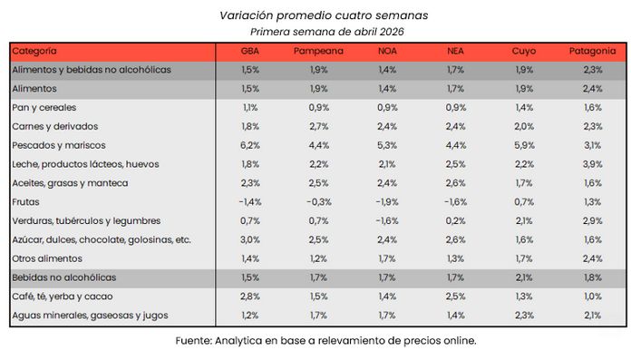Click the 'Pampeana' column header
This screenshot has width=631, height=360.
click(x=318, y=51)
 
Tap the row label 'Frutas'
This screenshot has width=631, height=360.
click(x=26, y=201)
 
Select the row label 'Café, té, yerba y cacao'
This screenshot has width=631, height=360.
click(x=64, y=296)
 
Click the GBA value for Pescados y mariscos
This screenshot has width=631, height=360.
click(x=250, y=145)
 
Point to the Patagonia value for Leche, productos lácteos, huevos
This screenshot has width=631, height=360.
click(x=594, y=164)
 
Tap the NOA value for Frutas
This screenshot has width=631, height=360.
click(x=386, y=201)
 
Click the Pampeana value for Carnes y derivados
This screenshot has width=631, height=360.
click(x=318, y=126)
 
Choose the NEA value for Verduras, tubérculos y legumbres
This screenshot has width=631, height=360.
click(x=456, y=220)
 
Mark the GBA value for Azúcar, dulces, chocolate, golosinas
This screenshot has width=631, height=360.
click(x=250, y=239)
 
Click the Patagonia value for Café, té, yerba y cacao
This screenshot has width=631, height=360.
click(x=594, y=296)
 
